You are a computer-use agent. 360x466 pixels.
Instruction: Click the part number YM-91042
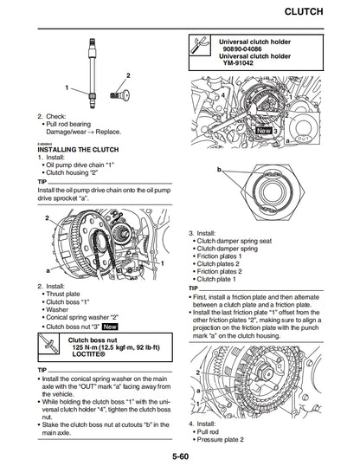click(243, 63)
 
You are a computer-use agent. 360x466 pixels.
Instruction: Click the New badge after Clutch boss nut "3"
click(110, 327)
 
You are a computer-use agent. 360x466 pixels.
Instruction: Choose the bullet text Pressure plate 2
click(228, 431)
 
